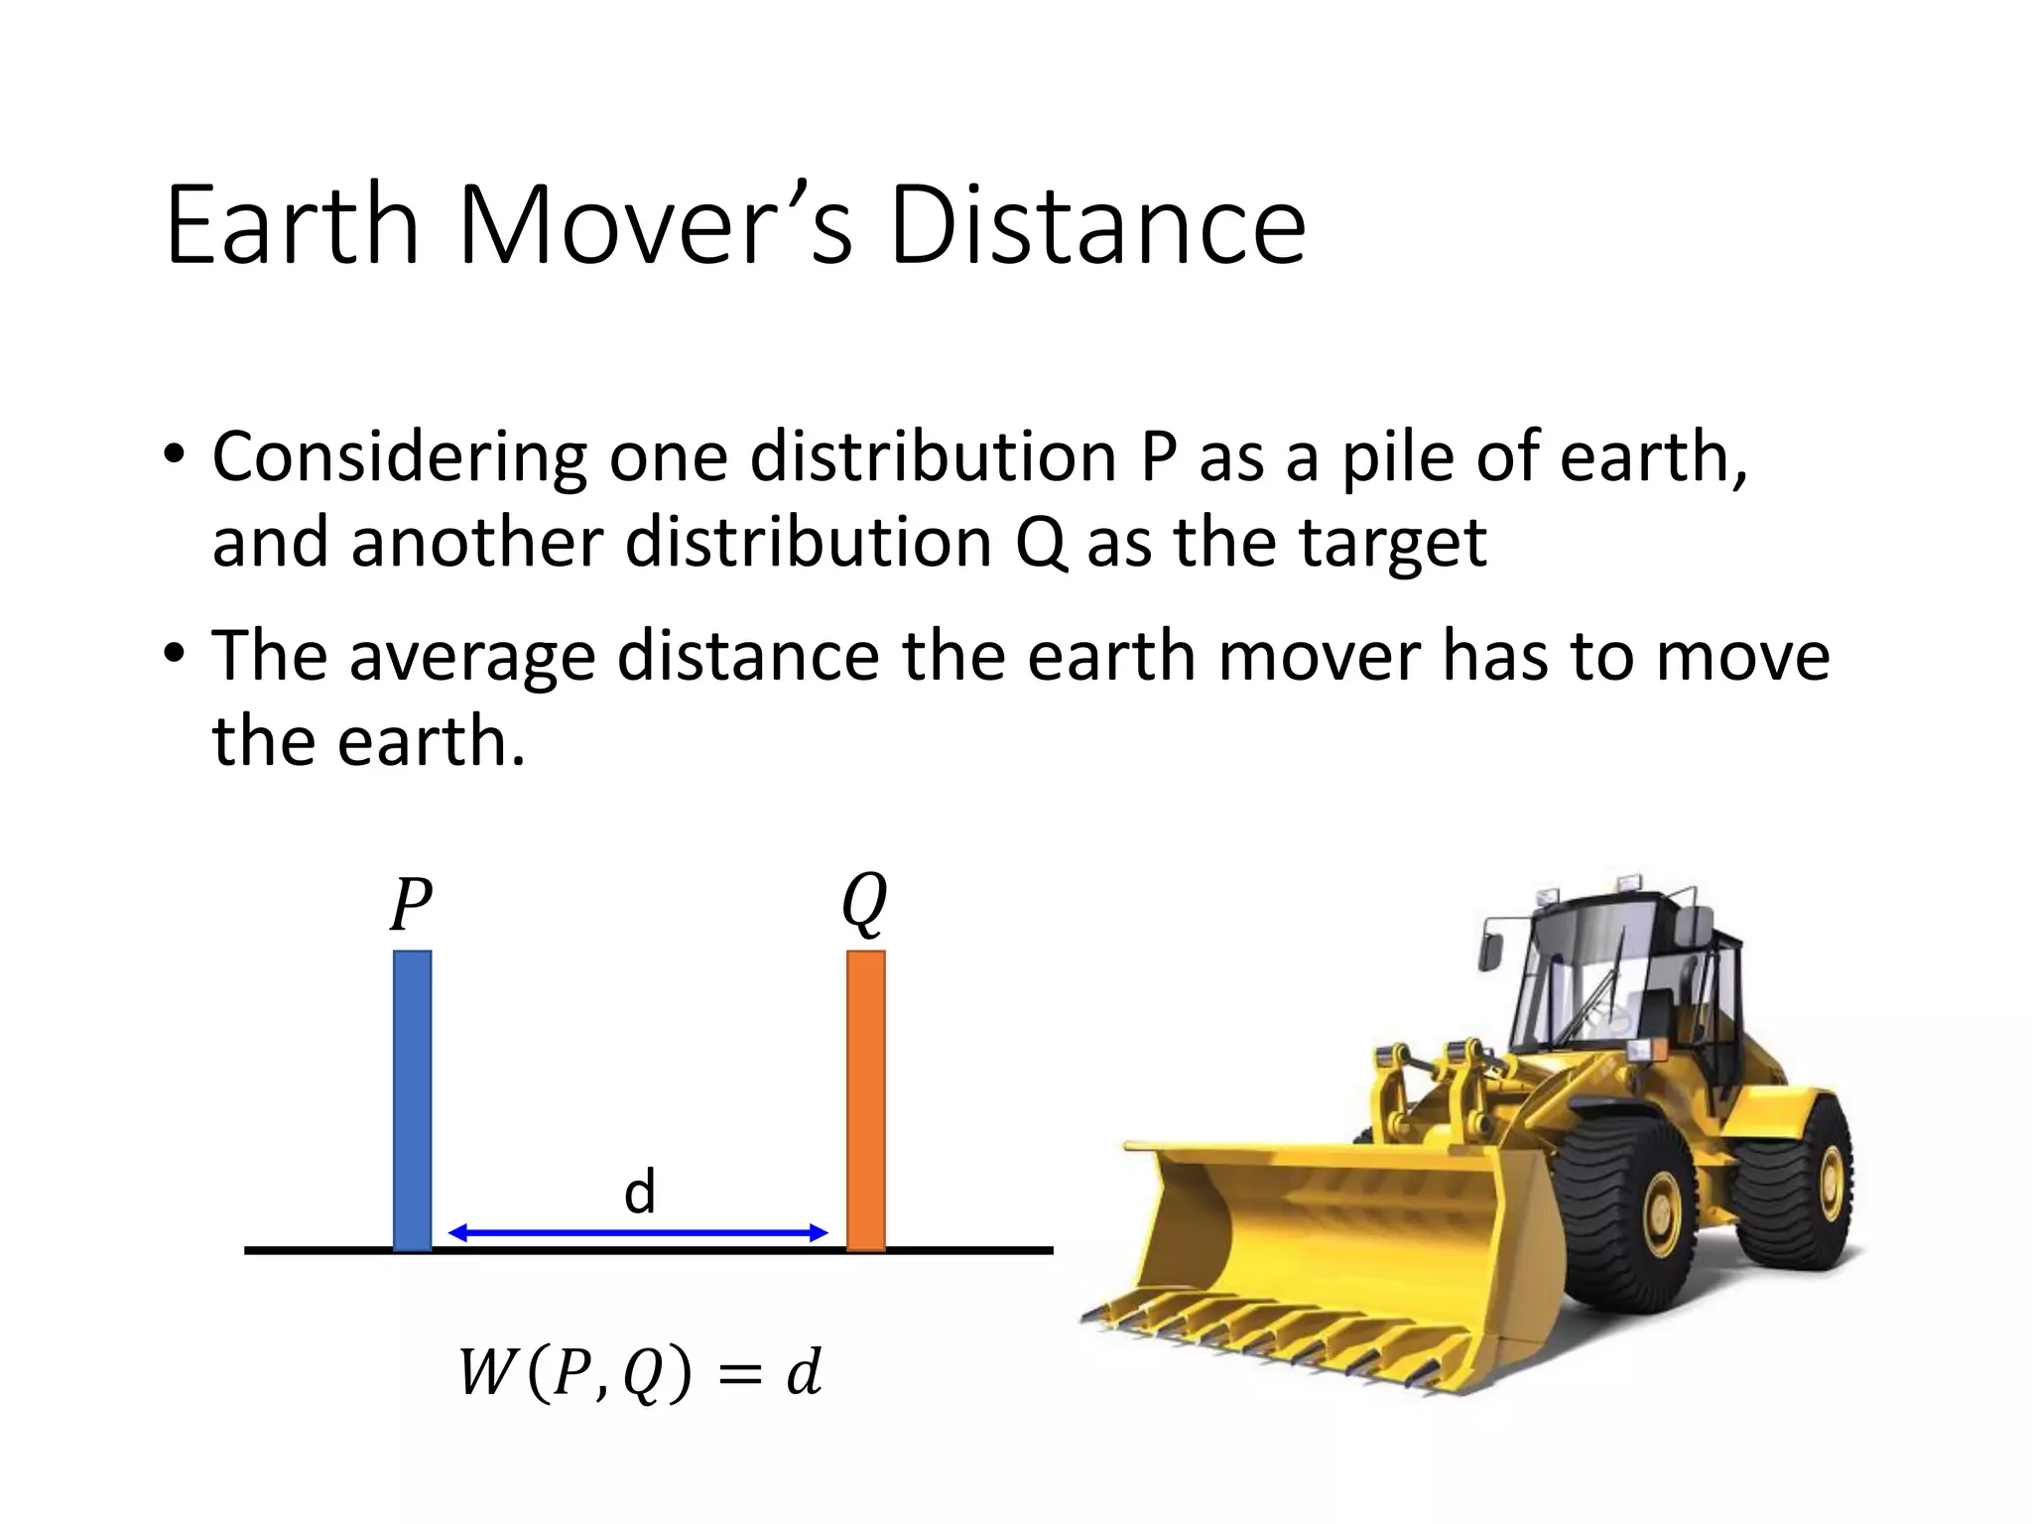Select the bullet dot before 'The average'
coord(175,655)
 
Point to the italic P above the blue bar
coord(410,905)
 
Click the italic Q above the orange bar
coord(863,903)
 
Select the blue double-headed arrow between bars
coord(638,1232)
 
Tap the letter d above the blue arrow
coord(640,1191)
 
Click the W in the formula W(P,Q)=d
coord(486,1373)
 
